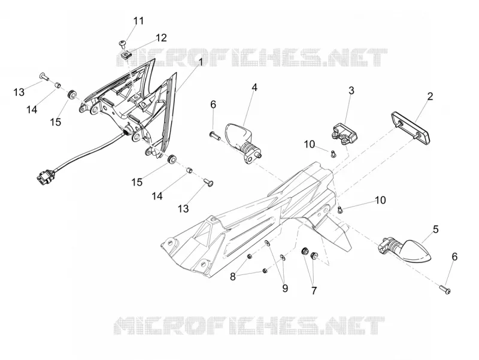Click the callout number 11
point(138,21)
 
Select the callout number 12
point(161,38)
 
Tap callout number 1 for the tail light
point(201,62)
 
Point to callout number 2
point(430,96)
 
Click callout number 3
point(351,90)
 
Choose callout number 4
point(254,87)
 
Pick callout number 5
point(436,229)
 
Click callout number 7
point(314,291)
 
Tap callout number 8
point(233,277)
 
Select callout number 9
point(285,288)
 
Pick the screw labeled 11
point(123,44)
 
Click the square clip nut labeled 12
point(125,56)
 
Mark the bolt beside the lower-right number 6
point(445,289)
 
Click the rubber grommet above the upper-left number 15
point(72,93)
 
